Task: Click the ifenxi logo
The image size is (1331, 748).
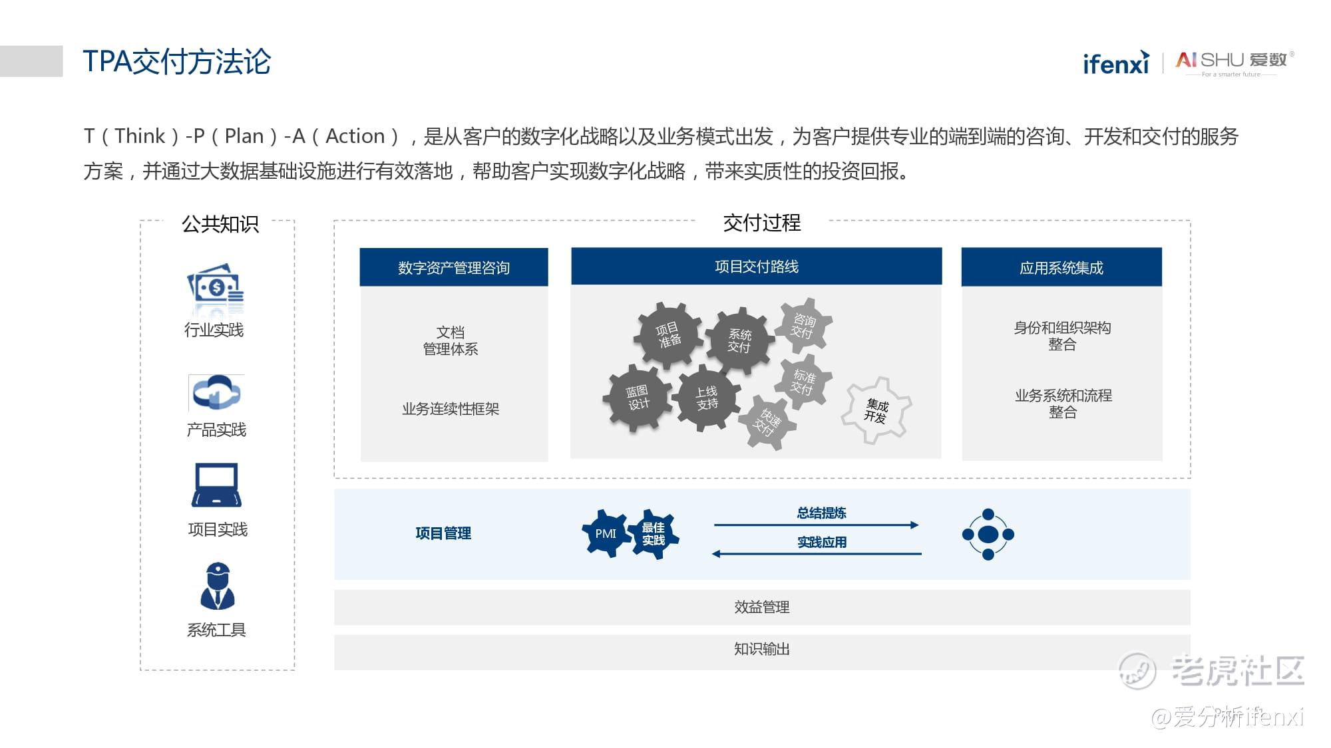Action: pos(1116,62)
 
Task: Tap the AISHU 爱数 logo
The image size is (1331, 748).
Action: pos(1235,63)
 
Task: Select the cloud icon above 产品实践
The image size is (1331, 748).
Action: pos(216,392)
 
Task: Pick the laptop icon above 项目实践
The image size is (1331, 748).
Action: pos(216,485)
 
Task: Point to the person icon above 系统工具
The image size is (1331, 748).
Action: pos(218,586)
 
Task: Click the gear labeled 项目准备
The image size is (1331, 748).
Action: pos(667,336)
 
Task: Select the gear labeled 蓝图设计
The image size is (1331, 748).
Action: pos(638,398)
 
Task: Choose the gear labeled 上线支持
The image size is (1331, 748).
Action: pos(707,398)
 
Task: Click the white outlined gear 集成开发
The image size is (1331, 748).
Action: pos(876,410)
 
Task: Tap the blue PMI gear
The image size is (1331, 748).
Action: pos(606,533)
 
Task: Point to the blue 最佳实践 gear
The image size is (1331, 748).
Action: pos(654,534)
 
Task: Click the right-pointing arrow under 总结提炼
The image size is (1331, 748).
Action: pos(817,525)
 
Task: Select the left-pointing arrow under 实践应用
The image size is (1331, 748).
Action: pos(817,554)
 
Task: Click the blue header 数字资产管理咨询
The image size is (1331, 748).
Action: pos(454,267)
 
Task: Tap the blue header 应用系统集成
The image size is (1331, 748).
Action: pos(1061,267)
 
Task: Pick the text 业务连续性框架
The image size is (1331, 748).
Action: pos(451,409)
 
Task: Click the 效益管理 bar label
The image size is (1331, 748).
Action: pos(762,607)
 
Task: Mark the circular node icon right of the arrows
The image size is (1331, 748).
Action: pos(988,534)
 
